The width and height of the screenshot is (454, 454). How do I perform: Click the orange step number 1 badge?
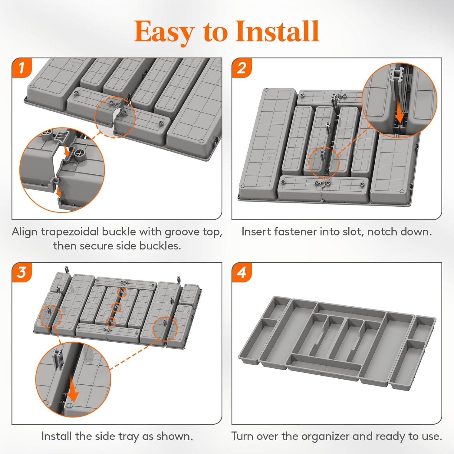coord(22,68)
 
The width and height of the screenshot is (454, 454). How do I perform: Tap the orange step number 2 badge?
coord(242,68)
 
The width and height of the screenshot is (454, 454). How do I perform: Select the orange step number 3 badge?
coord(22,272)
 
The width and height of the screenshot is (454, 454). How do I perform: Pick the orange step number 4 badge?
coord(242,272)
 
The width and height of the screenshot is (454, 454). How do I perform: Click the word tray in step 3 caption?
coord(129,436)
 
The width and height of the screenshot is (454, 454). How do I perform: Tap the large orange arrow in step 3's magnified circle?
coord(72,390)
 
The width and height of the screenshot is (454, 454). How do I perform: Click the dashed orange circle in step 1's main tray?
coord(114,117)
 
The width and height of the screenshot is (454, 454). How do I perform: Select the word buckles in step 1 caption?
coord(160,246)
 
